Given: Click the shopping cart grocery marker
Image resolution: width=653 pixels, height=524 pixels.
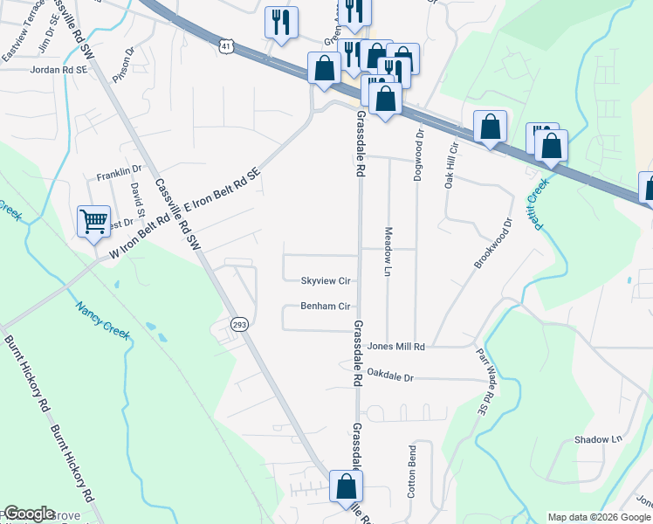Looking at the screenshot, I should [x=93, y=220].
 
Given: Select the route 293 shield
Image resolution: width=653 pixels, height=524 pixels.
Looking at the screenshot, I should [x=240, y=325].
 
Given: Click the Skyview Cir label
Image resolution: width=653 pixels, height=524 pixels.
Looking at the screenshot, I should [x=326, y=281].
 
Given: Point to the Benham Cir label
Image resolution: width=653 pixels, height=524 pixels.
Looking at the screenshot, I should [x=326, y=307].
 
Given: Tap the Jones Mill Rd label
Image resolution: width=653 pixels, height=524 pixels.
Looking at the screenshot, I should [x=395, y=347].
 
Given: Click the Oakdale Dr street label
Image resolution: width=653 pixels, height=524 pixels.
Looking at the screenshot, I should [x=389, y=376].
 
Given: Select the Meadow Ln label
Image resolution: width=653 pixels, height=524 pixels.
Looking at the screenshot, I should [x=387, y=252].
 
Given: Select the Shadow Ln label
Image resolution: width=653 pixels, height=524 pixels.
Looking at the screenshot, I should [x=596, y=439].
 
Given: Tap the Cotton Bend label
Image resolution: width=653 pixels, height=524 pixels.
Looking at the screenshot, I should [x=411, y=472].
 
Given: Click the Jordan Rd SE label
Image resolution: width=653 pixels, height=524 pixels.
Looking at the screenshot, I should [x=59, y=69].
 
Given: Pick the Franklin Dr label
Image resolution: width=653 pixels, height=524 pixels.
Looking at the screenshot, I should [x=119, y=171].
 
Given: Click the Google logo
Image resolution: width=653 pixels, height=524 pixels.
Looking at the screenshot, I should [x=29, y=514].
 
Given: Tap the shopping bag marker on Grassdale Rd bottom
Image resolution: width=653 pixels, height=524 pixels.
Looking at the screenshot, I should [x=346, y=486].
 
